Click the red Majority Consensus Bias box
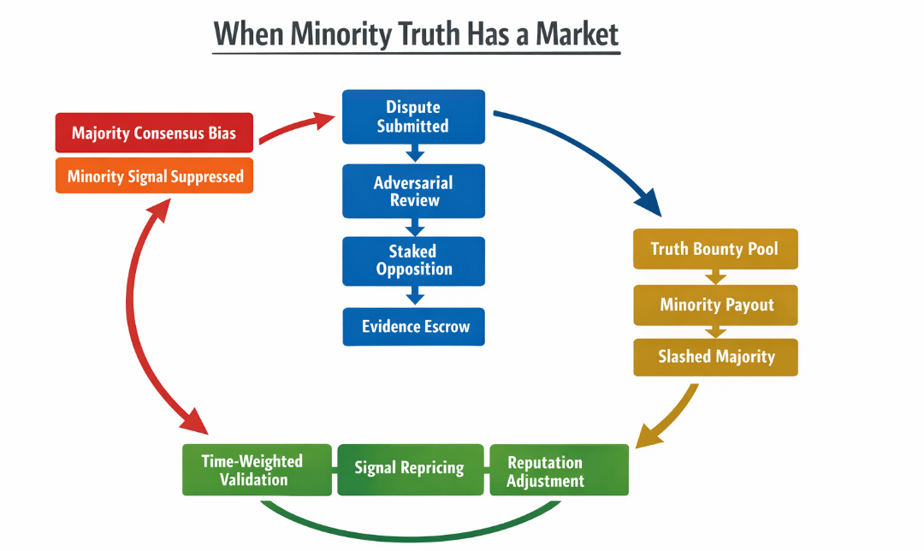154,133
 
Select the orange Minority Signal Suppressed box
154,176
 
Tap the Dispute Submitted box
413,116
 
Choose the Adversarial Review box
413,191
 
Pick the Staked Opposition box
413,260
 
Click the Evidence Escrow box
413,327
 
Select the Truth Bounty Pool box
715,249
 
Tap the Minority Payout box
715,305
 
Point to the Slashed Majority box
715,357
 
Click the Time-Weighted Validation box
254,470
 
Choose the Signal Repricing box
410,469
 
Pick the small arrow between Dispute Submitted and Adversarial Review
414,154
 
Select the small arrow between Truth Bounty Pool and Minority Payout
715,277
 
